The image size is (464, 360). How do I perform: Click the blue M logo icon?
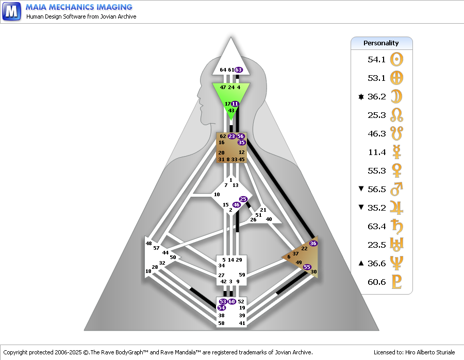click(x=11, y=11)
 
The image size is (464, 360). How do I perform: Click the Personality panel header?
click(x=381, y=43)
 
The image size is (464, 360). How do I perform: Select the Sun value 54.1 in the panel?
click(x=376, y=59)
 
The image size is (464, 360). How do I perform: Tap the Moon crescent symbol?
click(x=396, y=96)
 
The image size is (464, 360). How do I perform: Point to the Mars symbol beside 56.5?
click(x=396, y=189)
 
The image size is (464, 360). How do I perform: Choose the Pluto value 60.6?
click(x=376, y=282)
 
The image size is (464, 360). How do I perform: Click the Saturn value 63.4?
click(x=376, y=227)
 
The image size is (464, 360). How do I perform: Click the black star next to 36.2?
click(x=361, y=97)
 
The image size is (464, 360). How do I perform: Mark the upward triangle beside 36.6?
click(x=361, y=263)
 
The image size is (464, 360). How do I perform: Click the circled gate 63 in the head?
click(x=239, y=70)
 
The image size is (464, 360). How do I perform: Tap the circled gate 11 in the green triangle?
click(x=235, y=104)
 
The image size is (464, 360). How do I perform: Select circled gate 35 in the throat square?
click(x=241, y=143)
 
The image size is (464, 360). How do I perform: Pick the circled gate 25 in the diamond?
click(x=243, y=199)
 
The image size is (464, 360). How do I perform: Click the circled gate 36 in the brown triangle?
click(x=313, y=243)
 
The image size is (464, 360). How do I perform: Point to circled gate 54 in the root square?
click(x=221, y=307)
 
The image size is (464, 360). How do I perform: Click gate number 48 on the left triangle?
click(x=148, y=243)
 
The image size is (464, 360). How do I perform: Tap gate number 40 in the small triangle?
click(x=269, y=219)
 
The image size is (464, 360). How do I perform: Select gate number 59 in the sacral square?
click(x=242, y=275)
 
